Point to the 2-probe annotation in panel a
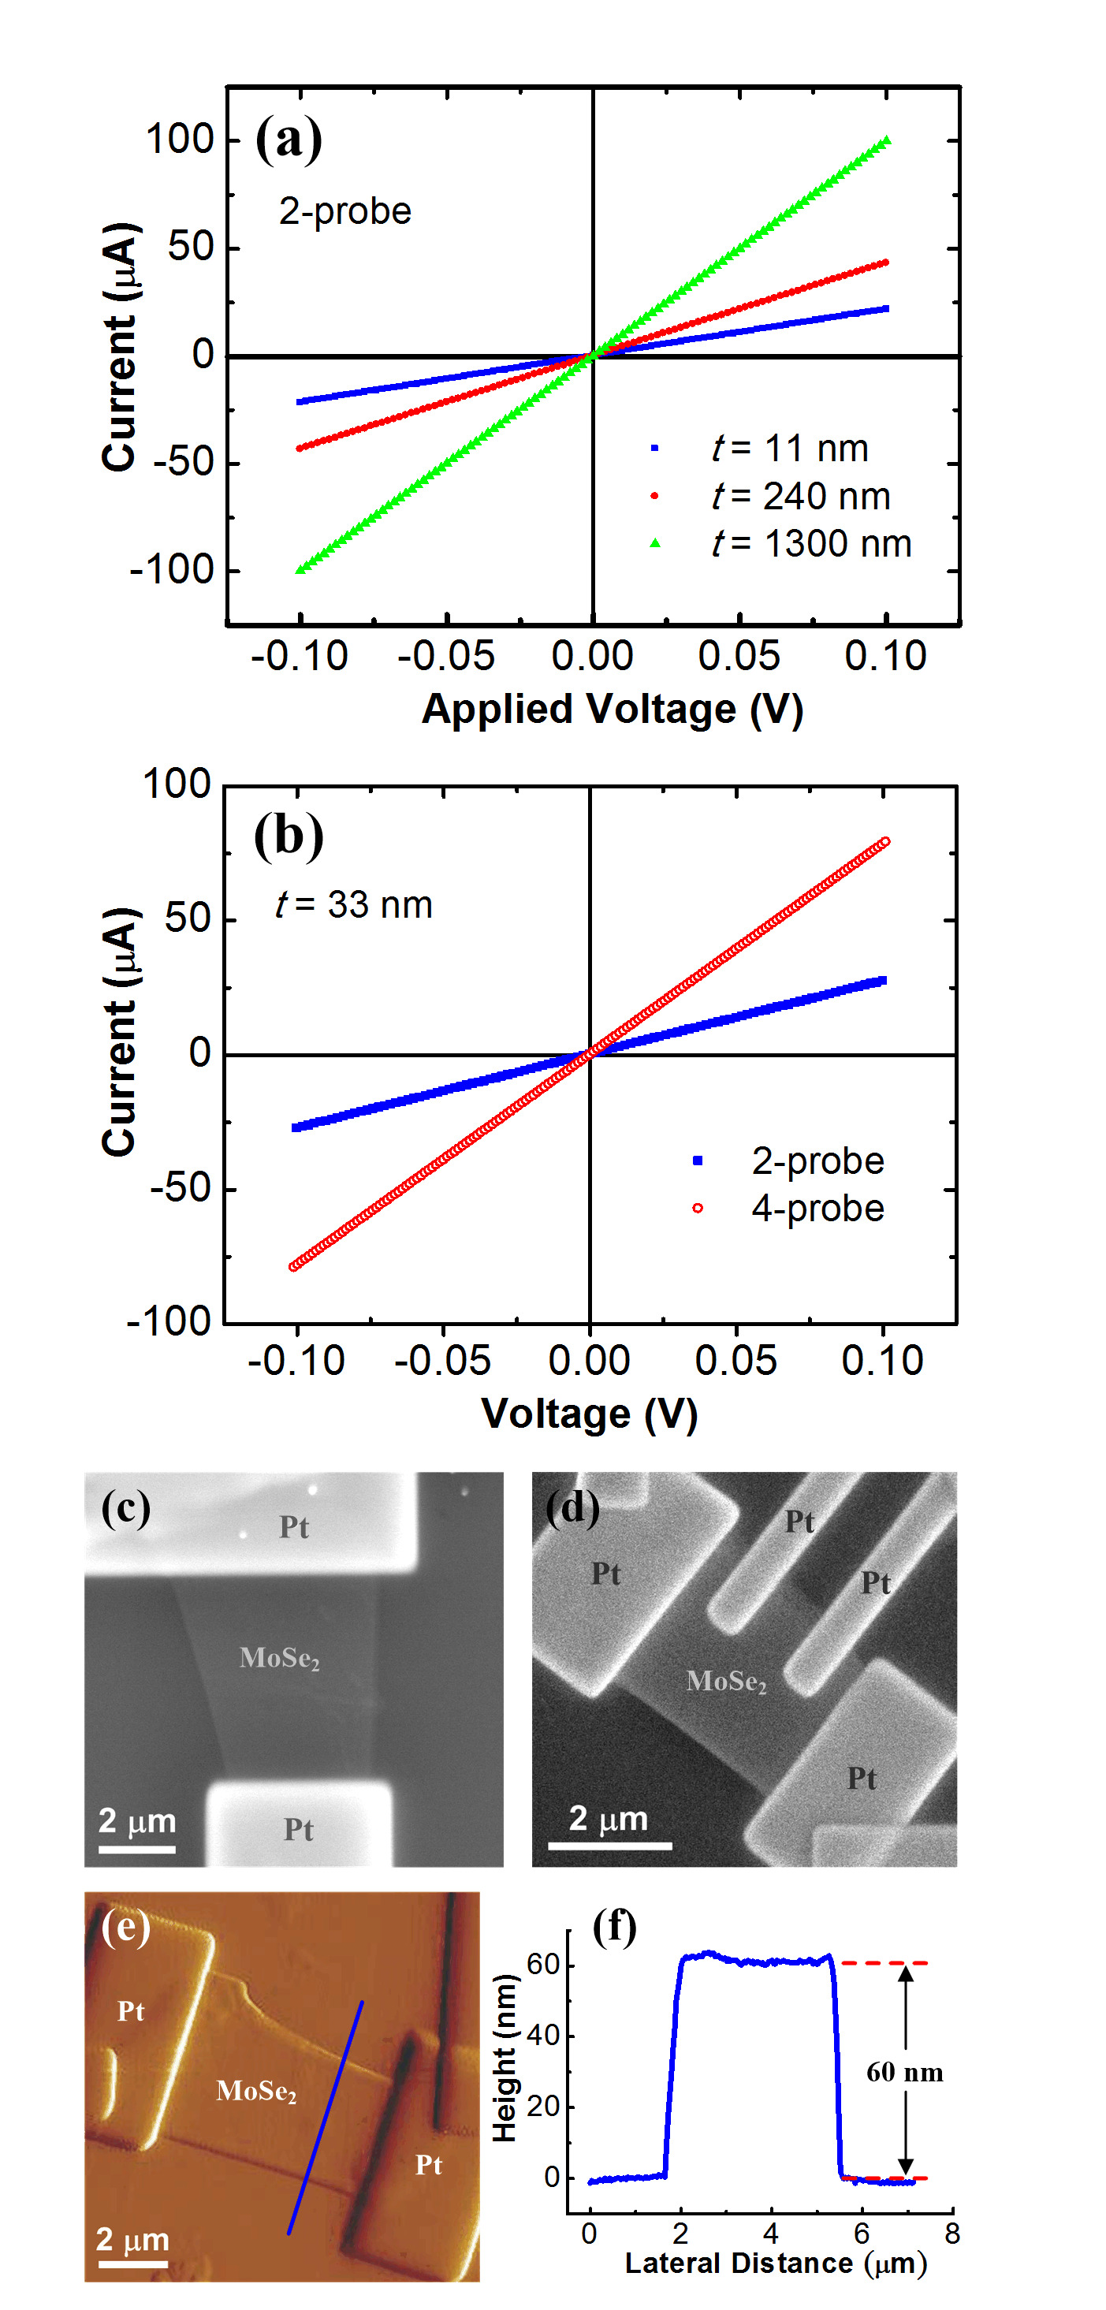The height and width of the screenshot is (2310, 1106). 344,211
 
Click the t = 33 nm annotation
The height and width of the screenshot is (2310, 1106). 353,904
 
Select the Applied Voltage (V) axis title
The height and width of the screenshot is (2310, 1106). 612,709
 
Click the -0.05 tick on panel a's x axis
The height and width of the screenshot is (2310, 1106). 446,657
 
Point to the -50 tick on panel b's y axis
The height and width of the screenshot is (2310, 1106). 180,1188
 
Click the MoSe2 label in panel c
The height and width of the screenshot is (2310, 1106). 279,1658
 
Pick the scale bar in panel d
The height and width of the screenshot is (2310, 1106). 610,1846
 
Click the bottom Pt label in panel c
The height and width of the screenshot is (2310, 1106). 299,1829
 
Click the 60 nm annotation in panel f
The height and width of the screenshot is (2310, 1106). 904,2073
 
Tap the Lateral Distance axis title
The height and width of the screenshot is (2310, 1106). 775,2263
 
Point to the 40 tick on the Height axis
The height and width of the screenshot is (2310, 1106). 544,2035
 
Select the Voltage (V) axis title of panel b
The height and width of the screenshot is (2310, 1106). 590,1414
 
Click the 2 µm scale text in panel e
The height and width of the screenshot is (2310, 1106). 132,2239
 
